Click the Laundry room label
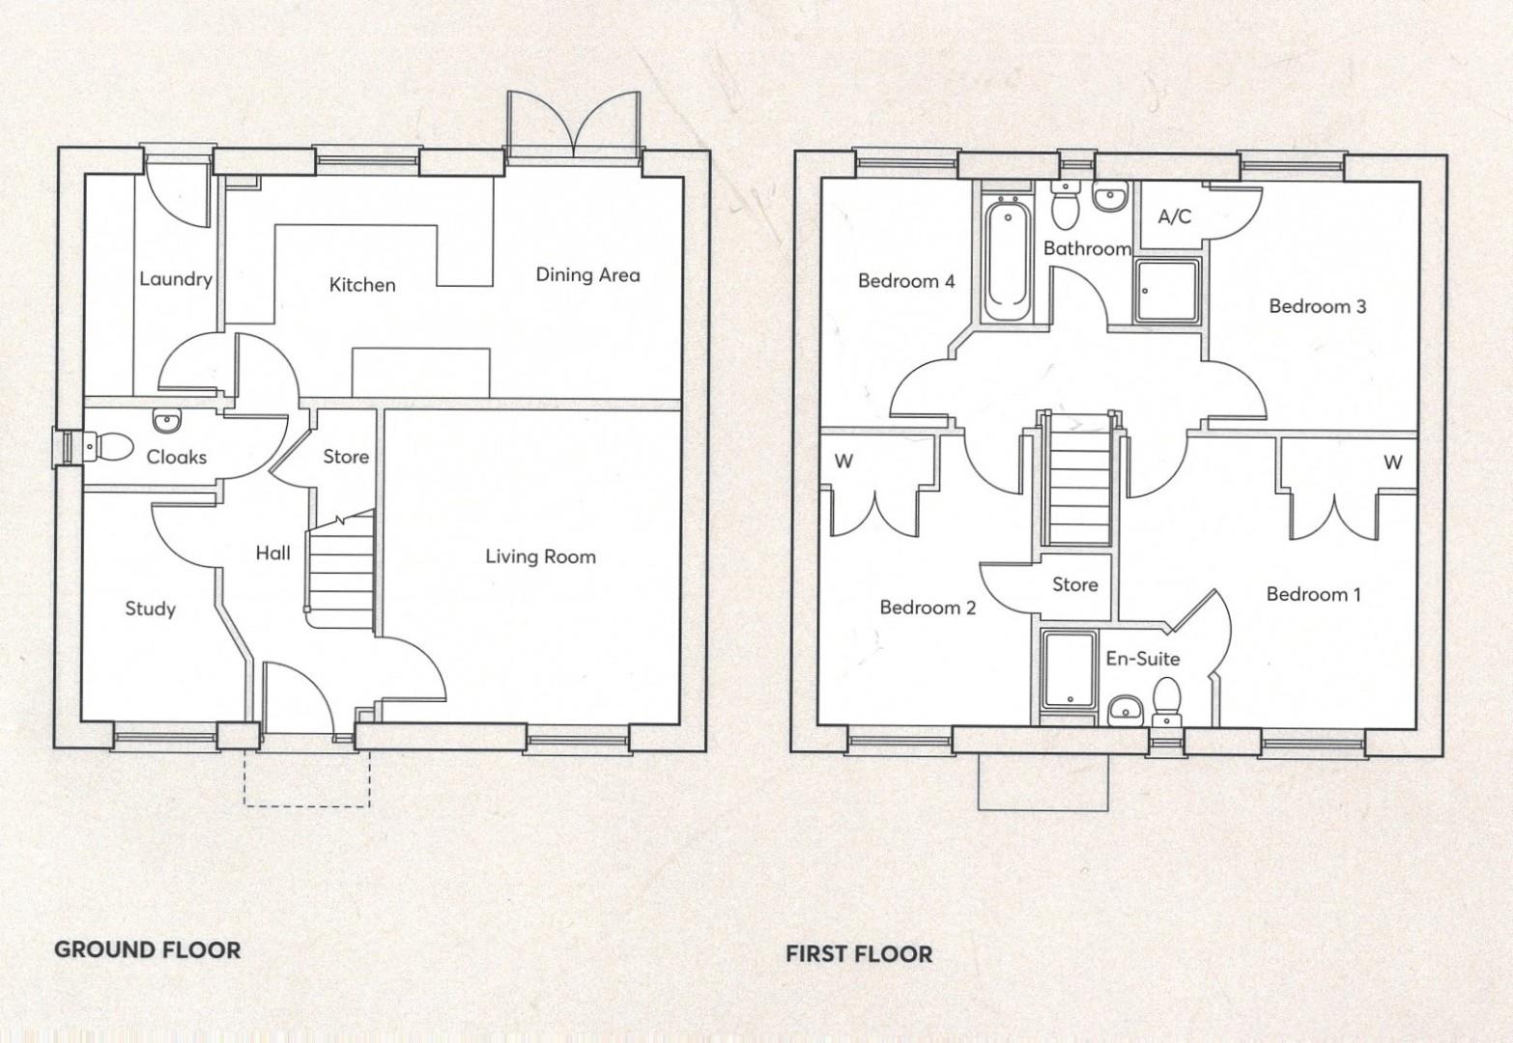[175, 279]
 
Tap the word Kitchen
[362, 285]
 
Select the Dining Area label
[587, 275]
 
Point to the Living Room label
[540, 556]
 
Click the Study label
[151, 608]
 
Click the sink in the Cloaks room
[166, 421]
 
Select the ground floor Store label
[346, 456]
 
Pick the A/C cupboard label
[1174, 216]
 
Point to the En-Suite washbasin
[1125, 709]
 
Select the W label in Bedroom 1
[1392, 463]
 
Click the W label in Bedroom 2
[843, 462]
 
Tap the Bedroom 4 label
[906, 281]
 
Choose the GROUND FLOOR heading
[147, 949]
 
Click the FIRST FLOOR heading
[859, 954]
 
